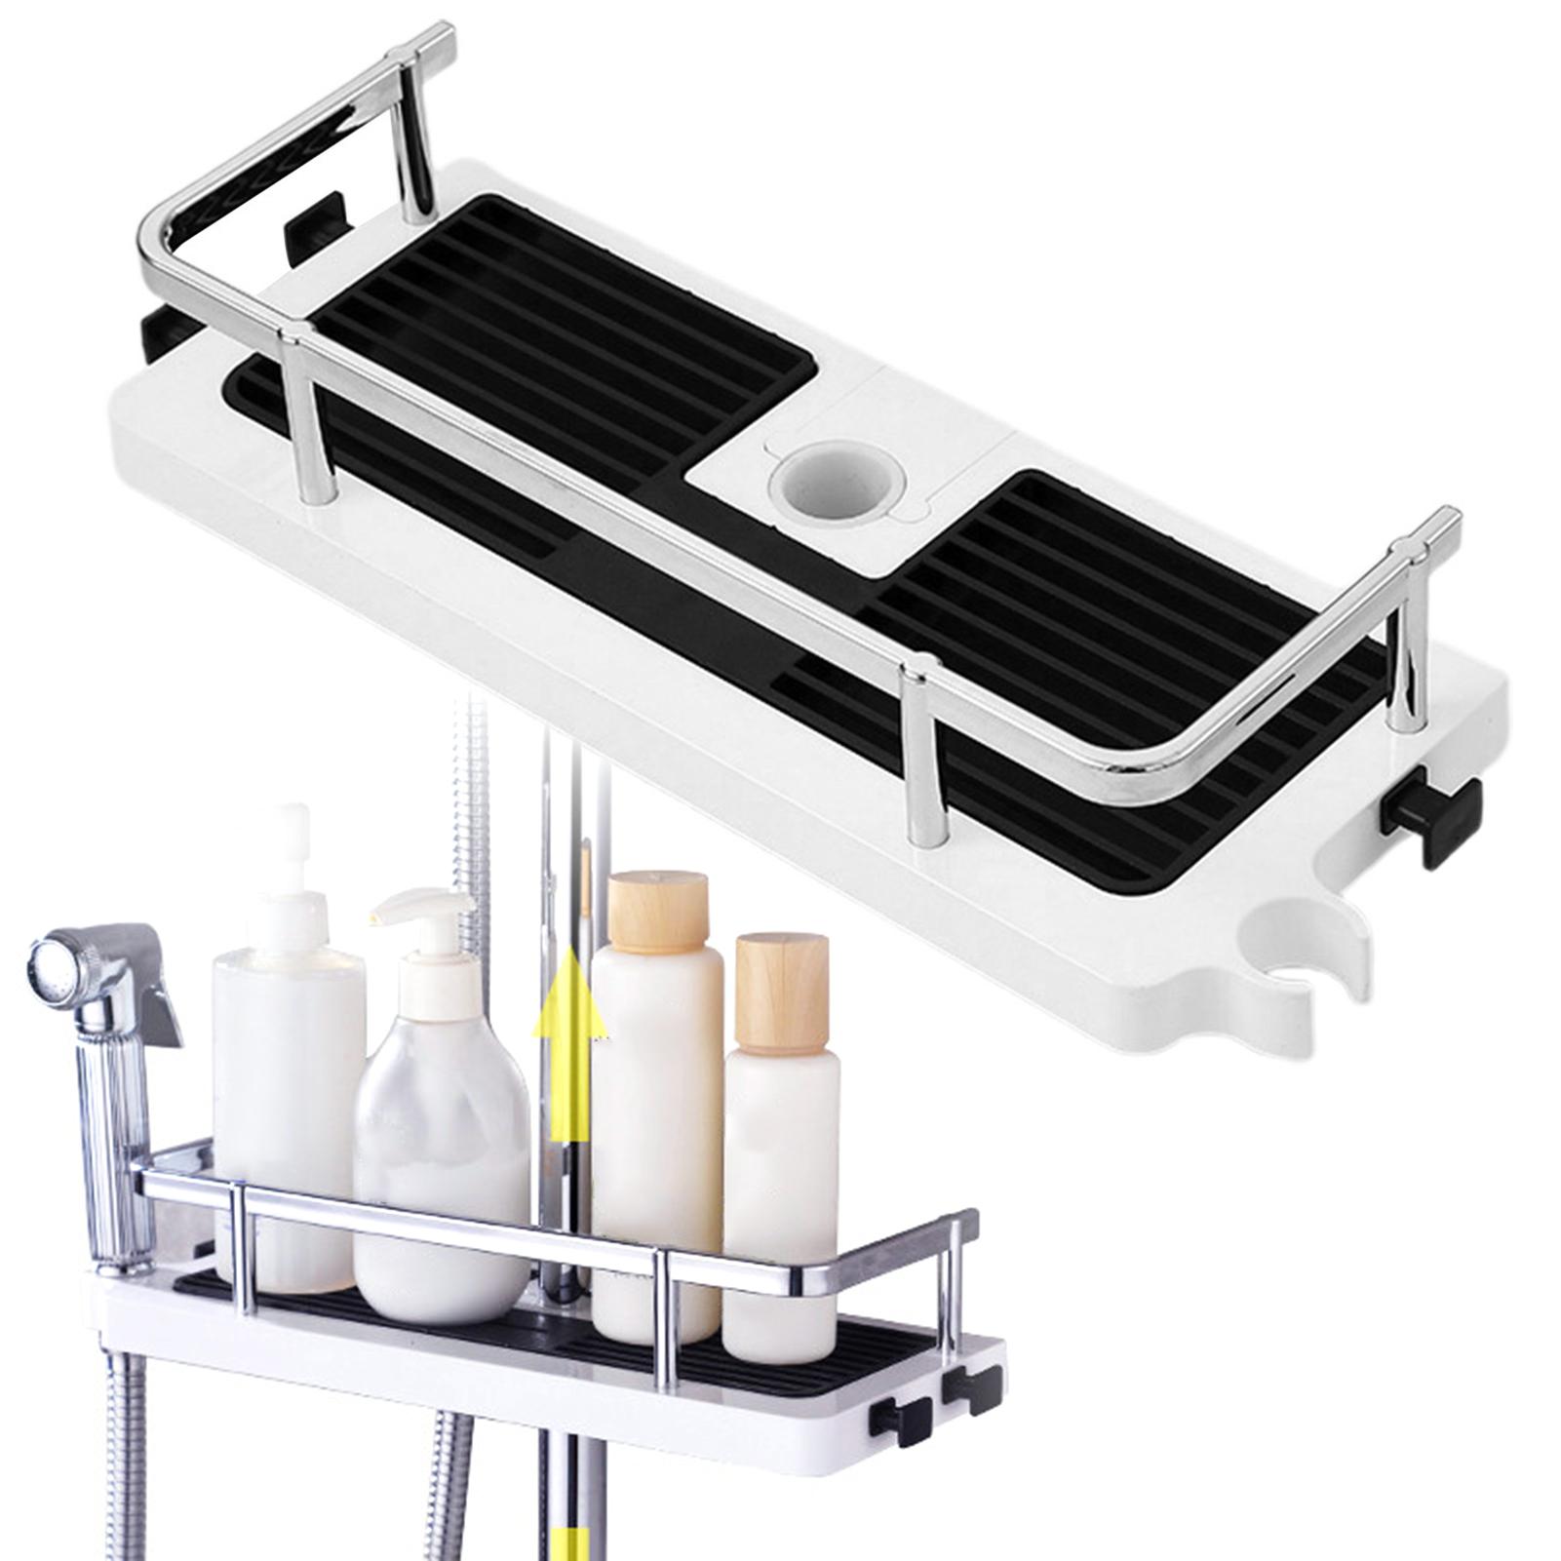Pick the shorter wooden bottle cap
point(781,984)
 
